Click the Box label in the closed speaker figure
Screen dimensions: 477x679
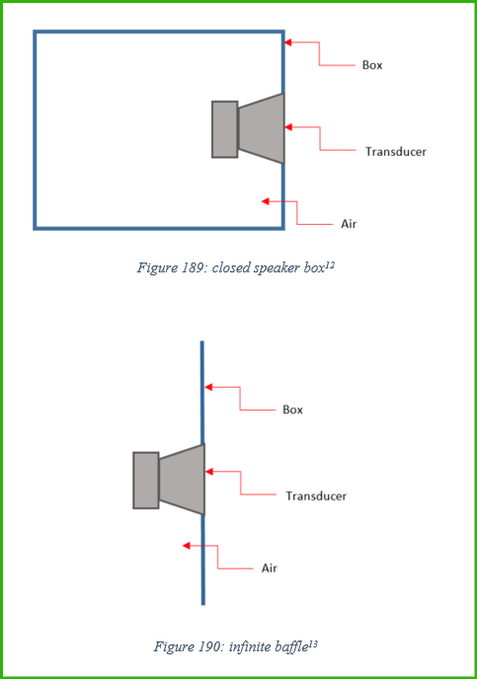pyautogui.click(x=372, y=65)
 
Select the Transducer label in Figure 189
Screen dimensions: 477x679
pyautogui.click(x=396, y=152)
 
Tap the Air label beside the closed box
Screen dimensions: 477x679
pyautogui.click(x=349, y=224)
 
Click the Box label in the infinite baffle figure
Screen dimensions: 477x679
pyautogui.click(x=292, y=410)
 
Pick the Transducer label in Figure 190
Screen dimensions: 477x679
pyautogui.click(x=316, y=495)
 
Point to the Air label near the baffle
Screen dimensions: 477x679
pyautogui.click(x=269, y=568)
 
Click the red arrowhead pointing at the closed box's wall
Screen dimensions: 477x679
pyautogui.click(x=287, y=42)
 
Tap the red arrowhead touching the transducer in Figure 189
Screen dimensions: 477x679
pyautogui.click(x=288, y=127)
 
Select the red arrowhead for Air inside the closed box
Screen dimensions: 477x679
pyautogui.click(x=265, y=201)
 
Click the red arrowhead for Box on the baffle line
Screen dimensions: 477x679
pyautogui.click(x=208, y=387)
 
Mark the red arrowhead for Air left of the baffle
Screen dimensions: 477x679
pyautogui.click(x=186, y=546)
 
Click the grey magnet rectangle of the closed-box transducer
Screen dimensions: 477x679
pyautogui.click(x=225, y=129)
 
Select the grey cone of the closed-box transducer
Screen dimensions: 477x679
pyautogui.click(x=262, y=128)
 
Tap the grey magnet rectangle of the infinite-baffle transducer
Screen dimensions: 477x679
pyautogui.click(x=146, y=481)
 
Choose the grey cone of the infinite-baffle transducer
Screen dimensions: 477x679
pyautogui.click(x=182, y=480)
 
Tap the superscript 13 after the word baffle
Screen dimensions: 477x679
pyautogui.click(x=313, y=644)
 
